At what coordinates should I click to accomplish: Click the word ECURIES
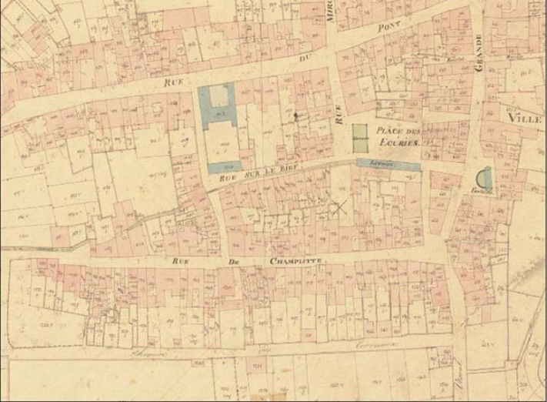pos(396,143)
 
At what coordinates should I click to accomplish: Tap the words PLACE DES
pos(396,131)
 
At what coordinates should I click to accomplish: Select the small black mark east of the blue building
pos(295,116)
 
